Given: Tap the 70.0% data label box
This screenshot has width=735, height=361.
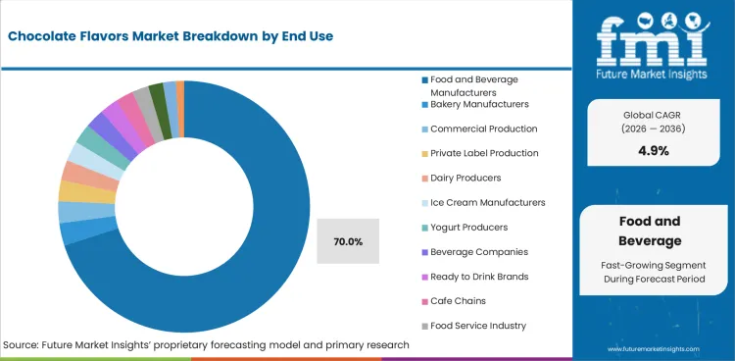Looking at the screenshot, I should pos(348,241).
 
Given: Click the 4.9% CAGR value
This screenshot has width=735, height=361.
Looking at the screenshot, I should pos(653,151).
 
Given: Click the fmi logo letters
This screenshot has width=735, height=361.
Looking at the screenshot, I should pos(654,38).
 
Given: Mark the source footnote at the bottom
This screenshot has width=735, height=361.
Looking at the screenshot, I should pos(206,345).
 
